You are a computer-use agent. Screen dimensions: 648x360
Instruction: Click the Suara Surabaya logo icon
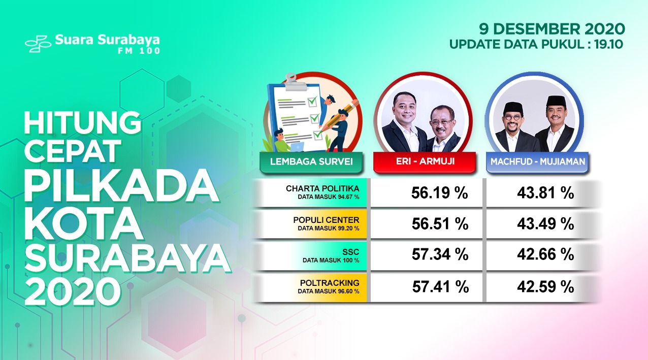(x=38, y=44)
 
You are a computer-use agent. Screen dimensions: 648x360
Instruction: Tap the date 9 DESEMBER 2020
(x=552, y=29)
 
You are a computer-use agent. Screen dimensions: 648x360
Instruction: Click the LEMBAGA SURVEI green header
(x=311, y=161)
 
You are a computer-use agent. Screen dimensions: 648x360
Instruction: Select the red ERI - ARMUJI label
(x=425, y=161)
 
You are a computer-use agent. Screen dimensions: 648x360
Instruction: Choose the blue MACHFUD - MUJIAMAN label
(x=537, y=161)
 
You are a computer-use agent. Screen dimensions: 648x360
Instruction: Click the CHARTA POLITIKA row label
(x=322, y=188)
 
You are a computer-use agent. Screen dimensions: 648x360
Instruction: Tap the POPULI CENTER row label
(x=326, y=220)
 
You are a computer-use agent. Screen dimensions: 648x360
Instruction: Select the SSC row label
(x=350, y=252)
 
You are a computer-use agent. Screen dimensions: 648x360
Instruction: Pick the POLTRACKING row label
(x=330, y=283)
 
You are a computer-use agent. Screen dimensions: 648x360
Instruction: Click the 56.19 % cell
(x=439, y=193)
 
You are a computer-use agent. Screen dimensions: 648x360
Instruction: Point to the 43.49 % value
(x=545, y=224)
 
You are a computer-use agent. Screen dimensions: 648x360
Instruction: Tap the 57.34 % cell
(x=440, y=254)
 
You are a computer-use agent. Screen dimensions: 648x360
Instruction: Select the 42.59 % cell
(x=545, y=286)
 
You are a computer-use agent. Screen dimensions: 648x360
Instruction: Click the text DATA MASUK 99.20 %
(x=329, y=228)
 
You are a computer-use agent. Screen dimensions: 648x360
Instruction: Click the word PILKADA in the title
(x=121, y=185)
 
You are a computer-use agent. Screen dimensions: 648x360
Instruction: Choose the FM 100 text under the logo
(x=139, y=51)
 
